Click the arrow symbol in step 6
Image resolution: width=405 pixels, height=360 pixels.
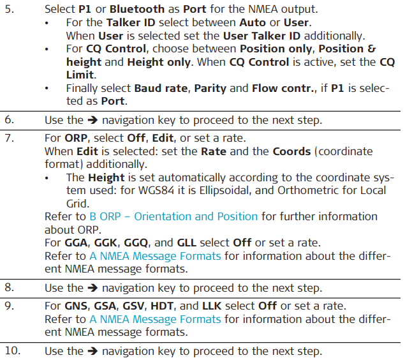pos(91,119)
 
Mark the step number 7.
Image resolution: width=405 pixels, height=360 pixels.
pos(10,137)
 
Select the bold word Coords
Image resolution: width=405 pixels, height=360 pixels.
pos(291,151)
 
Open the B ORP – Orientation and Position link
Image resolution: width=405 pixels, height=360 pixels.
pos(173,216)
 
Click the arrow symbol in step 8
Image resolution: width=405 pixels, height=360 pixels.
pos(91,288)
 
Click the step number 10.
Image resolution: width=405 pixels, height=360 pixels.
pos(13,350)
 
